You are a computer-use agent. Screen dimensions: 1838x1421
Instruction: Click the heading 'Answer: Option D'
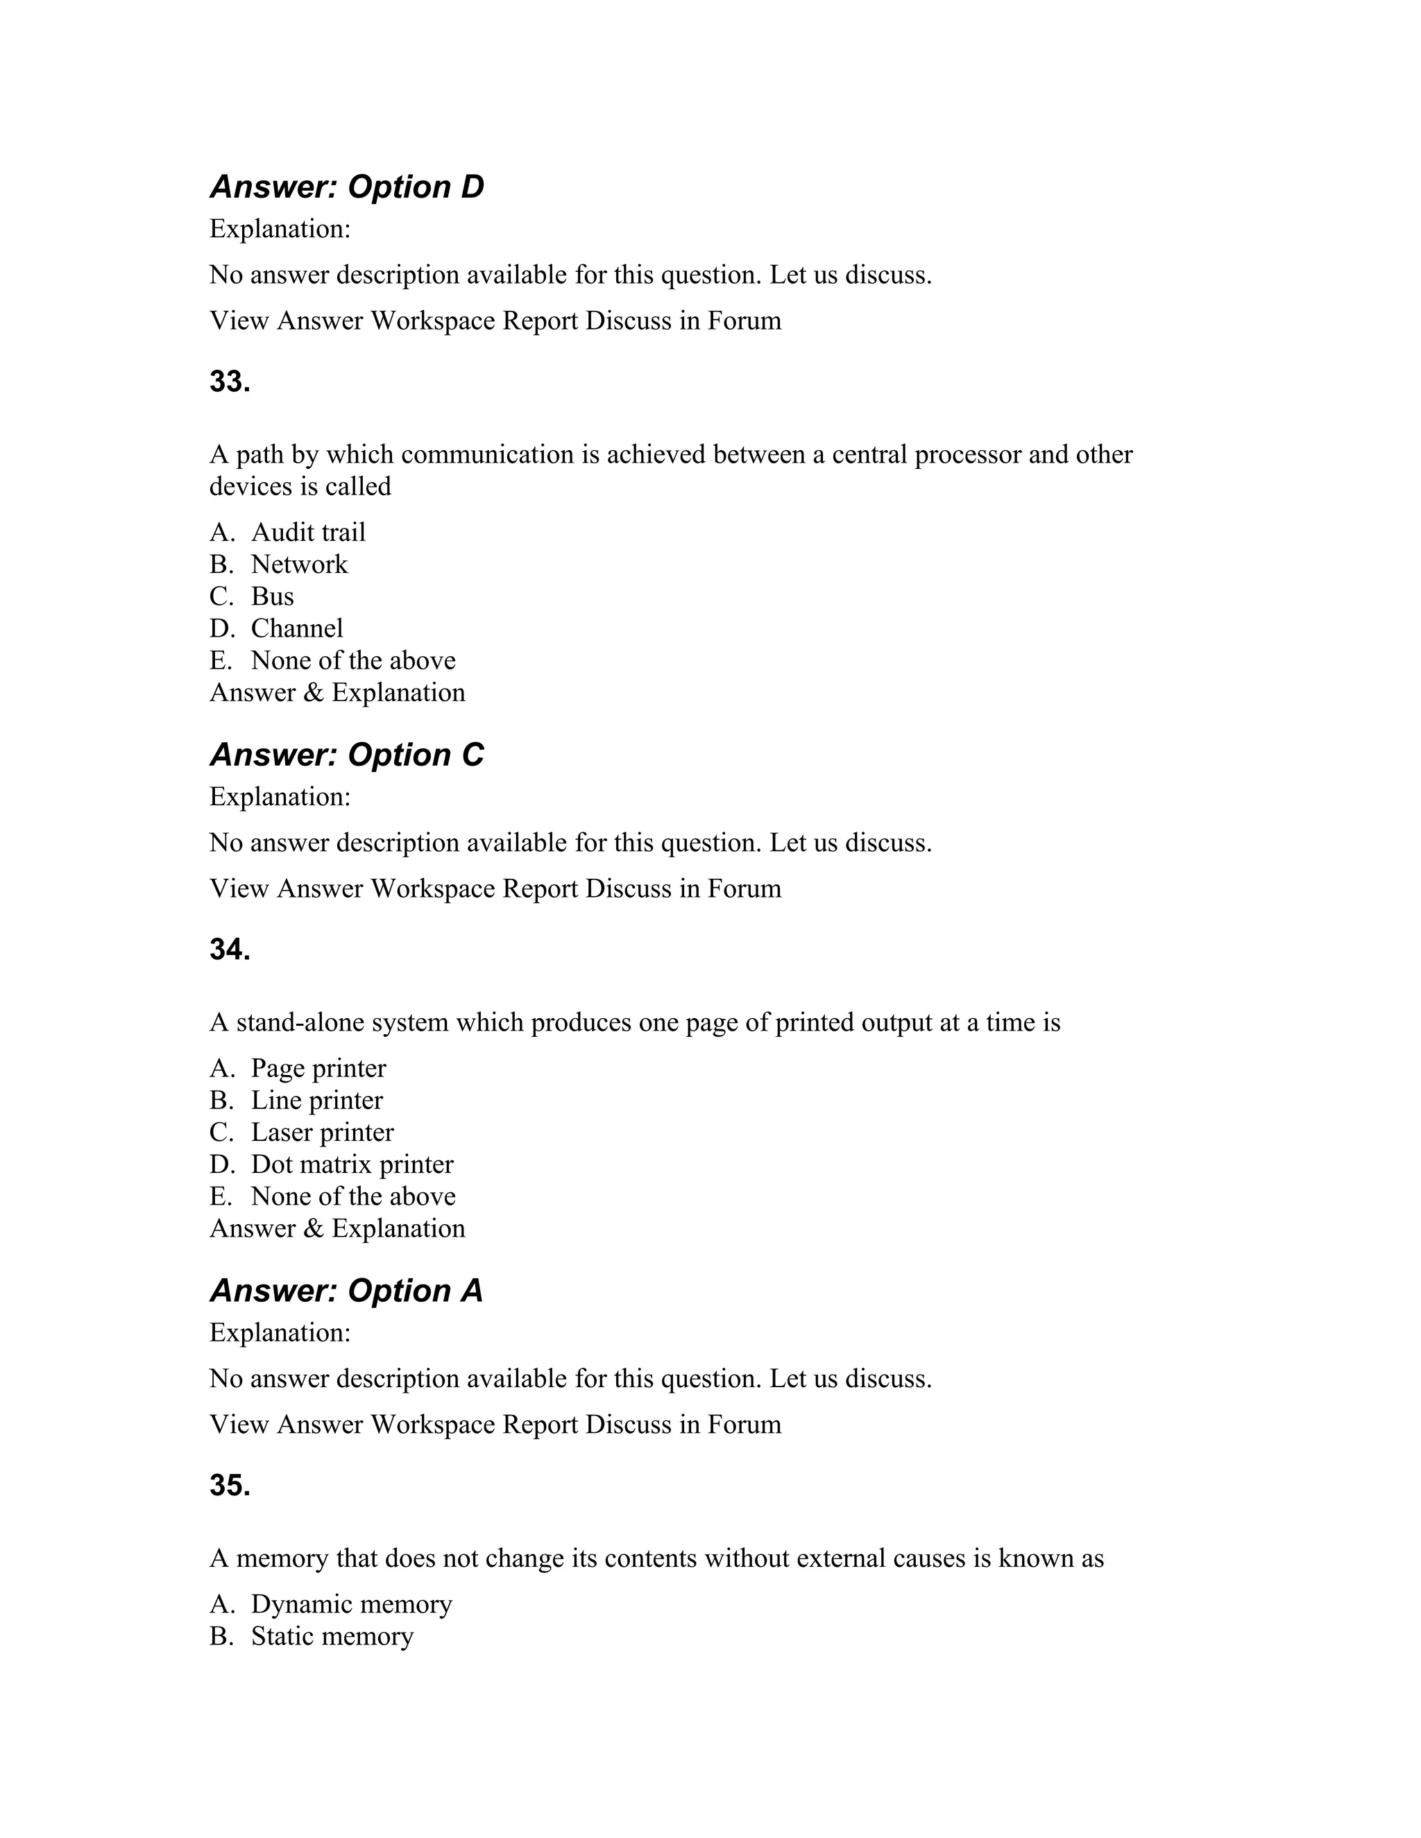pyautogui.click(x=347, y=187)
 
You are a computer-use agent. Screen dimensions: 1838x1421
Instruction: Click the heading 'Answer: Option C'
pyautogui.click(x=347, y=755)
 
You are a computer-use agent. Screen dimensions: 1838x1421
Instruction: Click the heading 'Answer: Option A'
pyautogui.click(x=347, y=1291)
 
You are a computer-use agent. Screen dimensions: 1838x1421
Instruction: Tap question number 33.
pyautogui.click(x=230, y=381)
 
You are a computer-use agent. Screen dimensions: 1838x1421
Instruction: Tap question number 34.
pyautogui.click(x=230, y=950)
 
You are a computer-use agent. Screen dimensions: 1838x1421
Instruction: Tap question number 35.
pyautogui.click(x=230, y=1486)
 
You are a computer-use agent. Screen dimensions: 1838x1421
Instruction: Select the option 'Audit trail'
pyautogui.click(x=308, y=532)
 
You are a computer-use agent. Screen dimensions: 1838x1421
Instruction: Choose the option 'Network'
pyautogui.click(x=299, y=564)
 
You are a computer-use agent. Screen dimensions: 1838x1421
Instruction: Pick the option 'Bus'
pyautogui.click(x=272, y=596)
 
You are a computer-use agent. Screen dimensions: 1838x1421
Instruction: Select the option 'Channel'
pyautogui.click(x=297, y=628)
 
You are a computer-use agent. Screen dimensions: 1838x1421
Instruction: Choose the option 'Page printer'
pyautogui.click(x=318, y=1068)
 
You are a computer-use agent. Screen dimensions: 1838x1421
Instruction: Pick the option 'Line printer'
pyautogui.click(x=316, y=1100)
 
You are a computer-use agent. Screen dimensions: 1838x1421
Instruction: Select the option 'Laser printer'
pyautogui.click(x=323, y=1132)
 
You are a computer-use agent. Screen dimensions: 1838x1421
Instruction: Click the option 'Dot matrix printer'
pyautogui.click(x=352, y=1164)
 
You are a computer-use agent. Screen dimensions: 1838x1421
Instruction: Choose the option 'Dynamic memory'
pyautogui.click(x=351, y=1604)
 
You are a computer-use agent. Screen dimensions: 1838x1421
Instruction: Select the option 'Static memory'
pyautogui.click(x=332, y=1636)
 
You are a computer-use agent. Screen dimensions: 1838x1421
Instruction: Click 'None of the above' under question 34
pyautogui.click(x=352, y=1196)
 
